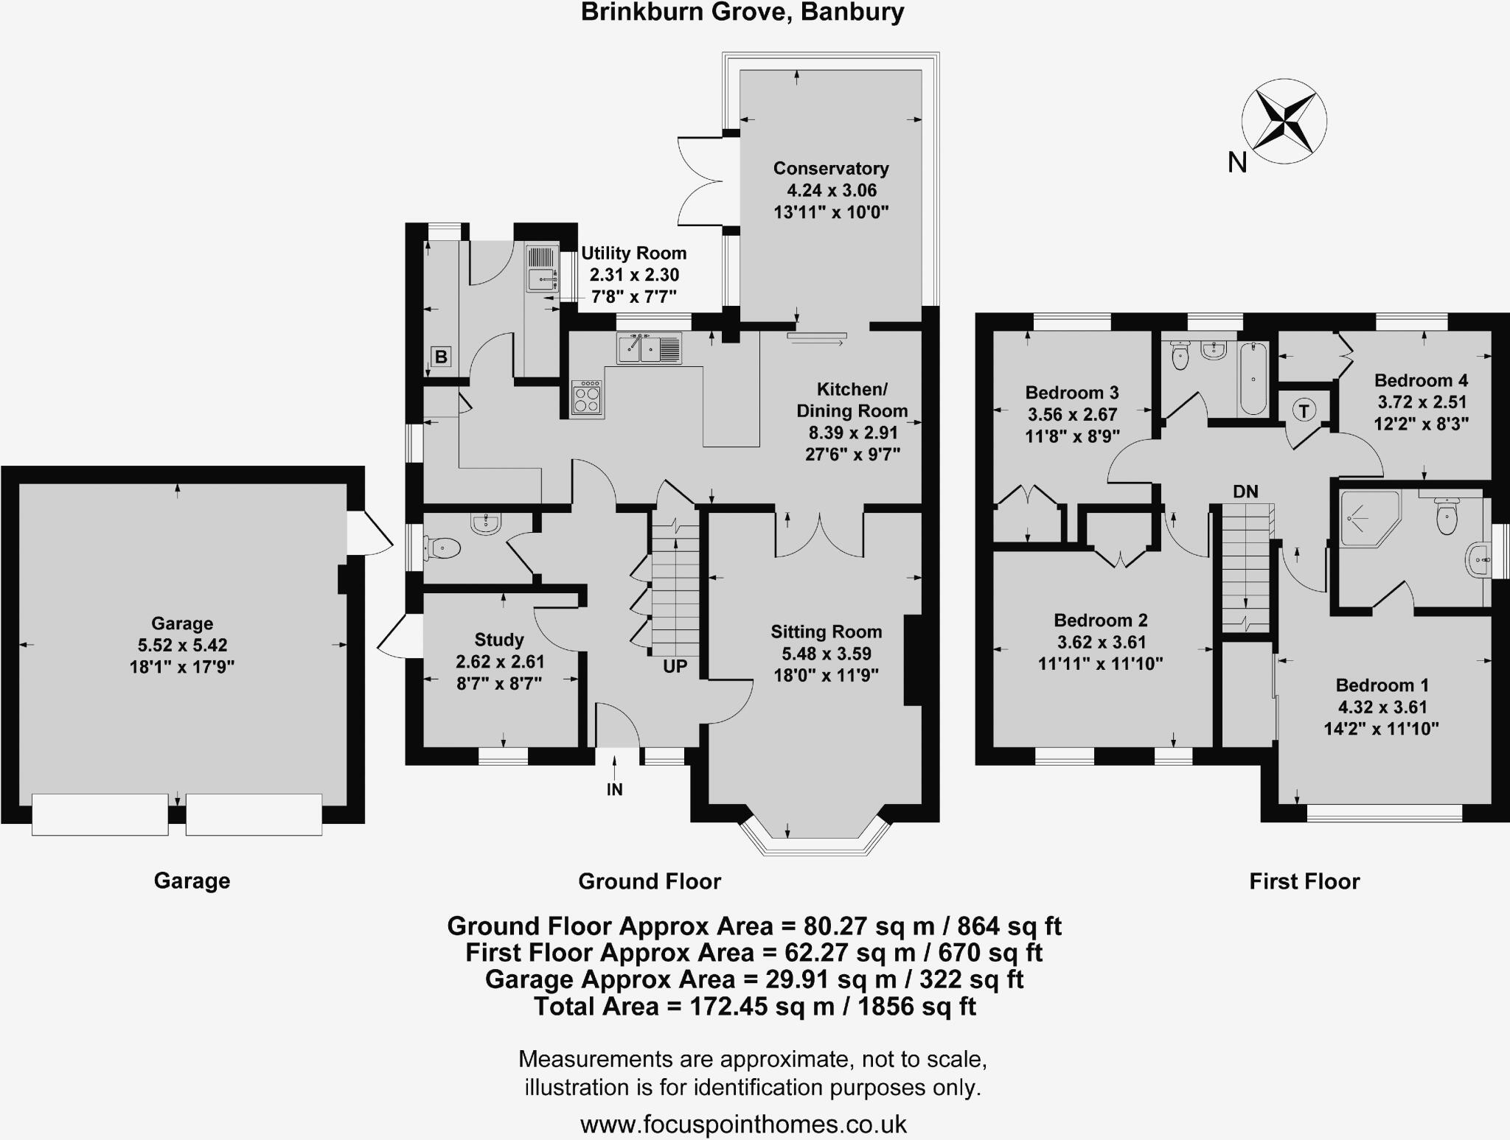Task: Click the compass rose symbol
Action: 1284,122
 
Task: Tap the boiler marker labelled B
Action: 441,357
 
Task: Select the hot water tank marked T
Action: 1304,410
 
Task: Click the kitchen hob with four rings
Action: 588,399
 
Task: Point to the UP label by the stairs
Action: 675,666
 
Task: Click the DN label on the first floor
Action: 1245,491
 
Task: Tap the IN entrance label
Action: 614,789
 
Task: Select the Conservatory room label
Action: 831,168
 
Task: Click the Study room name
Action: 499,640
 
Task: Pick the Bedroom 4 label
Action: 1421,380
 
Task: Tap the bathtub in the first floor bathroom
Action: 1253,378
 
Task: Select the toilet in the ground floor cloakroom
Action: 442,548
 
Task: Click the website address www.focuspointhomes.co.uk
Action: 743,1124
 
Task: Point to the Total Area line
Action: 755,1006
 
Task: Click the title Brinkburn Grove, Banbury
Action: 742,13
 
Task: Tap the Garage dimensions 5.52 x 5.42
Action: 182,646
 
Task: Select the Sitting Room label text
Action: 827,632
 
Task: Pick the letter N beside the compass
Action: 1237,162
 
